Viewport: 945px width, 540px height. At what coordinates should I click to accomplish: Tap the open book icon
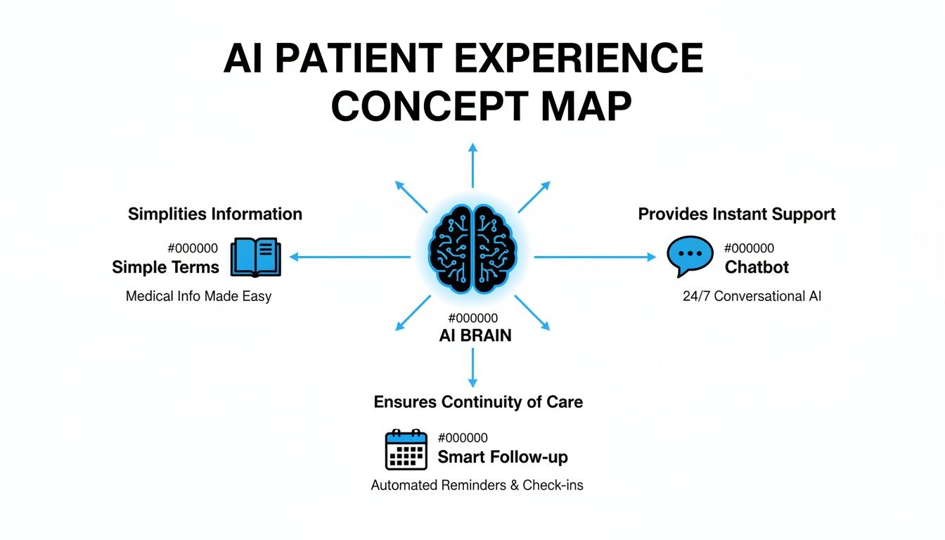pos(256,257)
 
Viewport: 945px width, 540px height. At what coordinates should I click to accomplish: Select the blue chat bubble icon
pos(690,256)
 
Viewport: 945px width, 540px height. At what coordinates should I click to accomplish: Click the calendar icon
pos(406,449)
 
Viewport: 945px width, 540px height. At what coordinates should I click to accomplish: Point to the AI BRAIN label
pos(475,335)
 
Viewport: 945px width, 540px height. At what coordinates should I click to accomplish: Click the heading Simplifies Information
pos(215,214)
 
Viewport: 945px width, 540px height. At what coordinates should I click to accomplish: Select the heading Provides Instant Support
pos(737,214)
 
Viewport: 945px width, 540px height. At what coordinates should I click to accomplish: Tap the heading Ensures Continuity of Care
pos(478,402)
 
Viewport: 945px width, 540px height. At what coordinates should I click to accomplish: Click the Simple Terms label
pos(165,267)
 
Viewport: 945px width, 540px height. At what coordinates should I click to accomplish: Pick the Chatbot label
pos(757,267)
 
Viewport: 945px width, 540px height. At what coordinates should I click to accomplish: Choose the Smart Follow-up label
pos(503,457)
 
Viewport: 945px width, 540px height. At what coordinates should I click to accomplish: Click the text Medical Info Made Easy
pos(198,296)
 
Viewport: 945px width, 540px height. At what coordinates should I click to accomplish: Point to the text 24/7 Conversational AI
pos(752,296)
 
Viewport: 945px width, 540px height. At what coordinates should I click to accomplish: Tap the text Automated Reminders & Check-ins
pos(477,485)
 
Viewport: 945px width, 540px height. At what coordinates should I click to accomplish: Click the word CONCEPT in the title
pos(429,106)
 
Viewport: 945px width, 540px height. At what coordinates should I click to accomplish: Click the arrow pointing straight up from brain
pos(472,165)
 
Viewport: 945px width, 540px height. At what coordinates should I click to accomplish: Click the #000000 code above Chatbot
pos(749,248)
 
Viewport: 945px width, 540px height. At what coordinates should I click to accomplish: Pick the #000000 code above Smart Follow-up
pos(463,438)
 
